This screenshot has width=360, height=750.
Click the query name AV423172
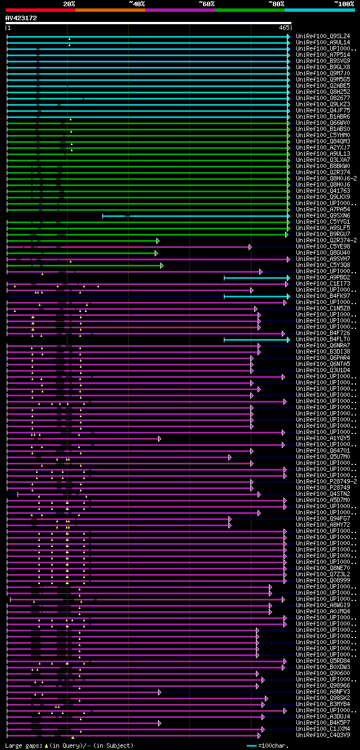[x=21, y=18]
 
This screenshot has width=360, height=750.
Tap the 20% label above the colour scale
[x=69, y=3]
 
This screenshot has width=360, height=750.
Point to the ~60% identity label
[x=206, y=3]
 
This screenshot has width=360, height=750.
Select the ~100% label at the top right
[x=344, y=3]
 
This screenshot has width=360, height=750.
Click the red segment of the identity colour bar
[x=40, y=10]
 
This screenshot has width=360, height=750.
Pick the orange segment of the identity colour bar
[x=110, y=10]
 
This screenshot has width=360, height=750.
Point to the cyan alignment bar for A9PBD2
[x=256, y=277]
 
